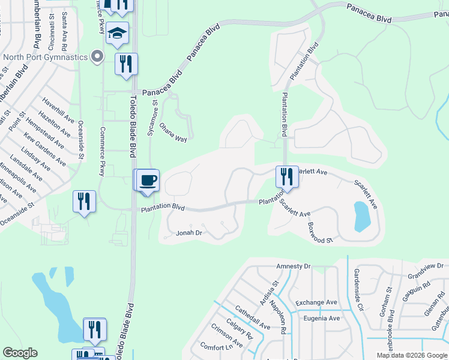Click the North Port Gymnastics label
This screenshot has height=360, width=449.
[x=45, y=58]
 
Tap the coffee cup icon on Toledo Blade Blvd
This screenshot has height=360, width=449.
[x=148, y=180]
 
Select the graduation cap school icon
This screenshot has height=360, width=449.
[x=118, y=34]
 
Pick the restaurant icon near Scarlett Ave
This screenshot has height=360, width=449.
[x=286, y=176]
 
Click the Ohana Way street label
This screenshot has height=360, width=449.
[x=173, y=133]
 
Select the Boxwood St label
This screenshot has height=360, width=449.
[x=320, y=233]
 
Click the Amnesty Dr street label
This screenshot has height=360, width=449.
[x=293, y=266]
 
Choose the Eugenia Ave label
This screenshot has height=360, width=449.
[x=322, y=319]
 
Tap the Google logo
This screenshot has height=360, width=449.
[x=20, y=353]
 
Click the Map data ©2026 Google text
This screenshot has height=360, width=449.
[x=411, y=355]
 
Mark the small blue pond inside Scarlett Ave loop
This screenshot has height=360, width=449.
[x=362, y=216]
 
